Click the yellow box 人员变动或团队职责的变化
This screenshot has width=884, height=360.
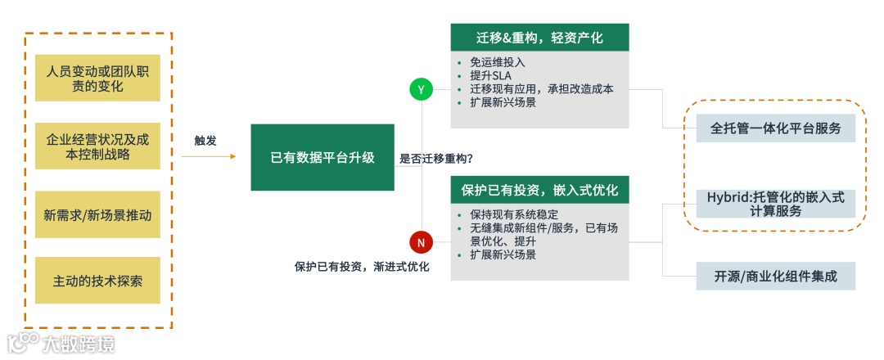click(x=97, y=79)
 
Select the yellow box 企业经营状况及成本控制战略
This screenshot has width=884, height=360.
click(x=97, y=146)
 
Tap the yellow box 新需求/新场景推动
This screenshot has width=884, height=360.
click(x=97, y=214)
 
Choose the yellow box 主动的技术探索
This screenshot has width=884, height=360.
click(x=97, y=281)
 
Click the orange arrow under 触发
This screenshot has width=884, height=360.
click(x=208, y=156)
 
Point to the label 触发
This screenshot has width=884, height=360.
click(x=205, y=140)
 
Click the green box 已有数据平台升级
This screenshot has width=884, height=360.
click(x=322, y=158)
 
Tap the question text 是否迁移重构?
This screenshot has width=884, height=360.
click(x=436, y=159)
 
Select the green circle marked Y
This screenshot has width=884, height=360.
click(x=421, y=90)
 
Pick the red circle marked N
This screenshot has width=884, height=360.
click(x=421, y=242)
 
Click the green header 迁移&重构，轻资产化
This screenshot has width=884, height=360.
click(x=539, y=38)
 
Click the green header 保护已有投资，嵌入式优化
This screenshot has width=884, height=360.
click(x=539, y=190)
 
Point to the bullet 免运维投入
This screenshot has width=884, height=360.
click(x=498, y=61)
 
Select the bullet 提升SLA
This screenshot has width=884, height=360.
click(x=491, y=75)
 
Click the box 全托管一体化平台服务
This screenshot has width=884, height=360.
click(x=775, y=128)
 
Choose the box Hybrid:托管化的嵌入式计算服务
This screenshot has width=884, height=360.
click(x=775, y=204)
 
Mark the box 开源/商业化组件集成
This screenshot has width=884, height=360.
click(x=775, y=276)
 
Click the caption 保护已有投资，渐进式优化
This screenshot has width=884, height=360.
click(x=362, y=267)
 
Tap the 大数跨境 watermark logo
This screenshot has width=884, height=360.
click(x=61, y=343)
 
